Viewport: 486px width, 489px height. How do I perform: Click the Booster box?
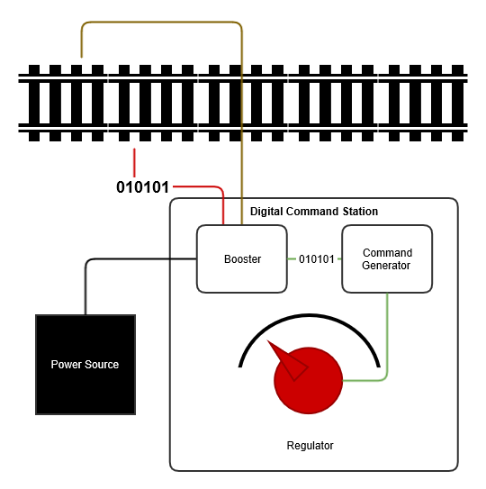[x=241, y=259]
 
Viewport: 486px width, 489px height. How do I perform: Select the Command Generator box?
[x=387, y=259]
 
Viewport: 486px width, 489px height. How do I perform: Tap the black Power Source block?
[x=85, y=364]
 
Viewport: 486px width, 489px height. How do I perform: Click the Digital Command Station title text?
[x=313, y=212]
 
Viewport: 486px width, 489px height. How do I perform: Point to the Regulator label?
[x=310, y=446]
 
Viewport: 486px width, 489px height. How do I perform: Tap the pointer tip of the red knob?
[x=271, y=346]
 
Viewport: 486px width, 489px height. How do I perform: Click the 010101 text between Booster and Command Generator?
[x=316, y=259]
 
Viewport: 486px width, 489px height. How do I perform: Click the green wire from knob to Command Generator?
[x=387, y=342]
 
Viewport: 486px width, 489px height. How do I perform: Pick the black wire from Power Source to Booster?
[x=135, y=259]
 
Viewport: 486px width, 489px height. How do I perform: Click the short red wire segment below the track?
[x=134, y=162]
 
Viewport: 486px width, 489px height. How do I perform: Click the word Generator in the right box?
[x=387, y=266]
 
